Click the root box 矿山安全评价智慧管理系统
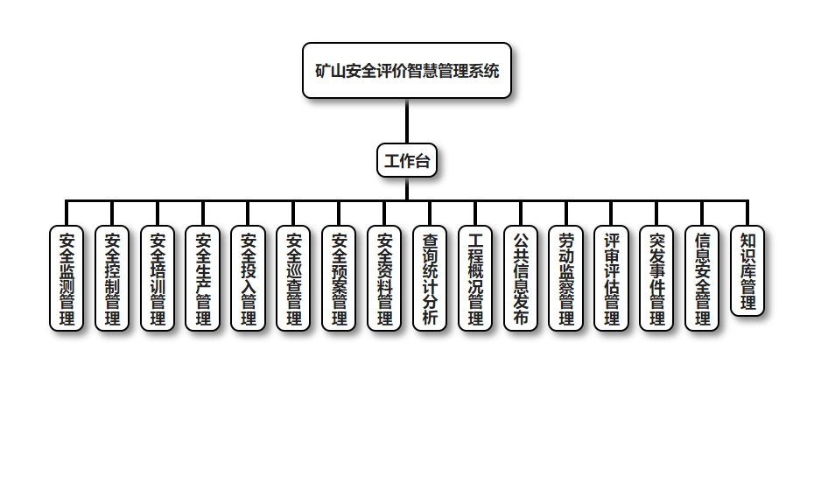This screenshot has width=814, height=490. pos(407,71)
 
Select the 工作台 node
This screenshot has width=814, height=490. pos(407,161)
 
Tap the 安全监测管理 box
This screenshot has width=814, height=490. pos(67,278)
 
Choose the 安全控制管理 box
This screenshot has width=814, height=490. pos(112,278)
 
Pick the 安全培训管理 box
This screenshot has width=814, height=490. pos(158,278)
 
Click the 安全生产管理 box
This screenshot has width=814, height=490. pos(203,278)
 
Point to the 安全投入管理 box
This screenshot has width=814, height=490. pos(249,278)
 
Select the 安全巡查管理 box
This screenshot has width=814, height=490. pos(294,278)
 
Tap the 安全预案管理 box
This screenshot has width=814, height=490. pos(340,278)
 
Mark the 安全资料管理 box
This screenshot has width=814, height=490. pos(385,278)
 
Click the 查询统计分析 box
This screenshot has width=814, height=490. pos(430,278)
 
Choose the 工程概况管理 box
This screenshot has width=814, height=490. pos(475,278)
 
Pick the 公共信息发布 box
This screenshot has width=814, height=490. pos(521,278)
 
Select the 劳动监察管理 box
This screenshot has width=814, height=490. pos(566,278)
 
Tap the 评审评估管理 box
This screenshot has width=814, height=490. pos(612,278)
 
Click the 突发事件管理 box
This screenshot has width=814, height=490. pos(657,278)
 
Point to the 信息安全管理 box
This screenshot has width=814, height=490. pos(702,278)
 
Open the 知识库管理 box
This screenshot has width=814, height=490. pos(747,271)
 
